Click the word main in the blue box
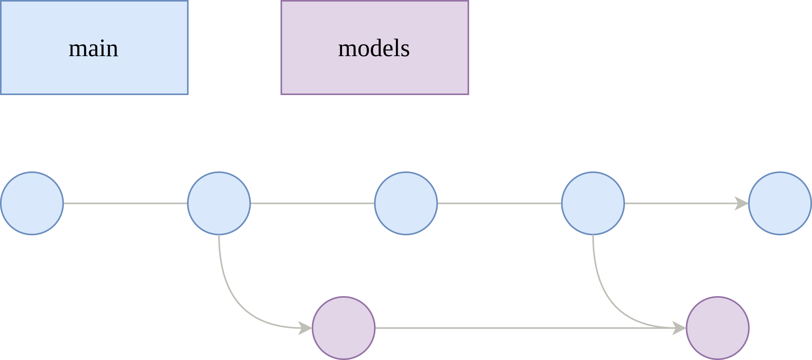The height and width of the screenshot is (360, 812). pos(93,49)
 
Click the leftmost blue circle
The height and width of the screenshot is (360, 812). pos(32,203)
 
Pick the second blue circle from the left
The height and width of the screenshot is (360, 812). pos(219,203)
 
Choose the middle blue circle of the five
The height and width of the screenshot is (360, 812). pos(406,203)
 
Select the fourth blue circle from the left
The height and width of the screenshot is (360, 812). pos(593,203)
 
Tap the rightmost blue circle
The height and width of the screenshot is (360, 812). pos(780,203)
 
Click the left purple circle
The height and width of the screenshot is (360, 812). pos(344,328)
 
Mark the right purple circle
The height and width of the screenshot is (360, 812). pos(718,328)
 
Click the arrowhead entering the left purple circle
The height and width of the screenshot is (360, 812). pos(305,328)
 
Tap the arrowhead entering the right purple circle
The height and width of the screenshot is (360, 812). pos(680,328)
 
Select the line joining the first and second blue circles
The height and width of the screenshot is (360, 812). pos(125,203)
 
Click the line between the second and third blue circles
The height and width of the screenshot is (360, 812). pos(312,203)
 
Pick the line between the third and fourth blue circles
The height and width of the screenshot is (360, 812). pos(499,203)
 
